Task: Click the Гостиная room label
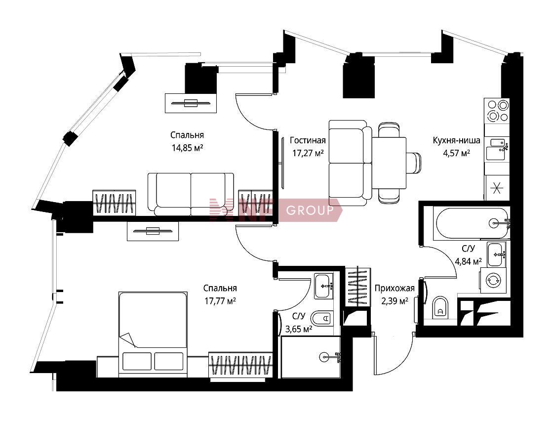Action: [308, 140]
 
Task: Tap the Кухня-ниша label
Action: [456, 140]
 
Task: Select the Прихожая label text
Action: [395, 288]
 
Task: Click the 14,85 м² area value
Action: [187, 148]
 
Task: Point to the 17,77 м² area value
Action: [220, 301]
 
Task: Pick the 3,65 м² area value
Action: [299, 329]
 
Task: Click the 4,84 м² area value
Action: [469, 261]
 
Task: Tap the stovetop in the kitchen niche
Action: [497, 111]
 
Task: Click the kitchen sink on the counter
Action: [497, 149]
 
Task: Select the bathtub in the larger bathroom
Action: [472, 223]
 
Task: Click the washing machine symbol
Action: [494, 280]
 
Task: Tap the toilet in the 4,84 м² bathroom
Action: [440, 307]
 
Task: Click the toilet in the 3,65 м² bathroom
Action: [323, 319]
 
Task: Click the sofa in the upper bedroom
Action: [191, 194]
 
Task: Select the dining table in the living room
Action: [390, 163]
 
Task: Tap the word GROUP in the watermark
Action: [310, 210]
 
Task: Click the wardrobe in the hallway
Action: [358, 286]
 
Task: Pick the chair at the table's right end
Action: [414, 163]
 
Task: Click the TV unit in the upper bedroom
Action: [191, 103]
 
